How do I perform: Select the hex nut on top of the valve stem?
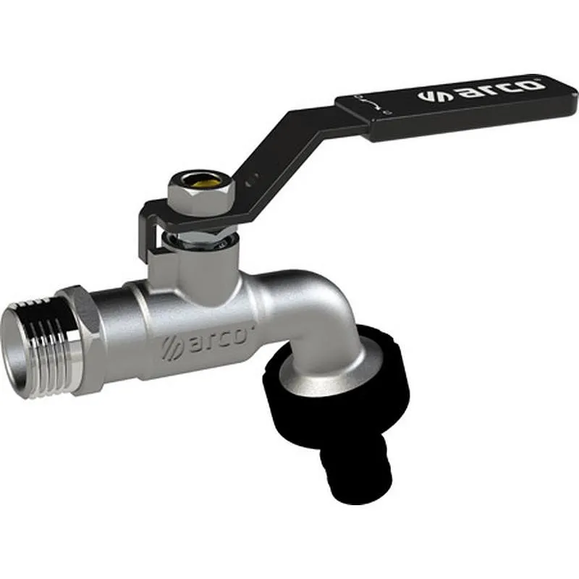(191, 193)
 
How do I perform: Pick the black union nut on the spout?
(340, 391)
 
